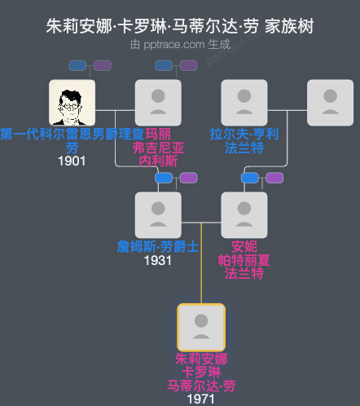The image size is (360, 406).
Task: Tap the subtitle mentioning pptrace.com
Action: coord(180,44)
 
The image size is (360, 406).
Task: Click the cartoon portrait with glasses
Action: coord(72,102)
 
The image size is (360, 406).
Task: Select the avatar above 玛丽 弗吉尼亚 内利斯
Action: coord(157,102)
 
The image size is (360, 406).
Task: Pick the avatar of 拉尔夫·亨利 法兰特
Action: coord(244,102)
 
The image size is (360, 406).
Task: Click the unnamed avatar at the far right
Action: coord(330,102)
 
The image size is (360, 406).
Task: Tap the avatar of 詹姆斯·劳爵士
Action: coord(157,215)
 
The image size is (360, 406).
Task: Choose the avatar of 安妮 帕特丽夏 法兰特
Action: coord(244,215)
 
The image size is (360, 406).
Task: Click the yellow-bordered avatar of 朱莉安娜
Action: coord(201,327)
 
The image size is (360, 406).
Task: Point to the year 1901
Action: coord(72,161)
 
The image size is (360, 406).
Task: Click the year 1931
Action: coord(157,260)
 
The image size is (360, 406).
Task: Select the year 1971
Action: coord(200,399)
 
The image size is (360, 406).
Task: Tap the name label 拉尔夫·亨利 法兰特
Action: coord(244,140)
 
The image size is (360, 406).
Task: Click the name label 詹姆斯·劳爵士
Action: coord(157,246)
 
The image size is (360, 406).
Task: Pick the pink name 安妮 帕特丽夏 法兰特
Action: coord(244,259)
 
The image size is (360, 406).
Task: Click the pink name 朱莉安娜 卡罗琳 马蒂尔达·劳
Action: coord(201,372)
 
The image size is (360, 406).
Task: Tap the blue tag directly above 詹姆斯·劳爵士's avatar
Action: coord(164,178)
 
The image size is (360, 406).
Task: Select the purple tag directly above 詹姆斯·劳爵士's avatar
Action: coord(188,178)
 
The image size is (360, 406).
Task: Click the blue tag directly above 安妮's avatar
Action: coord(250,178)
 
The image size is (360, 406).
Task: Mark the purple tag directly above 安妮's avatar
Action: coord(274,178)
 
